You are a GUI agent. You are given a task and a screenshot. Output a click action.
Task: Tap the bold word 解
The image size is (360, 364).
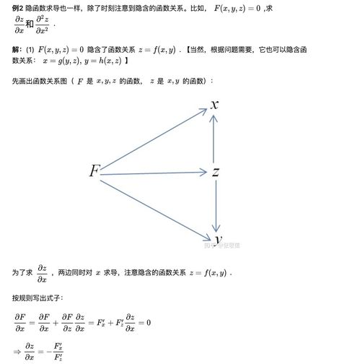(x=16, y=50)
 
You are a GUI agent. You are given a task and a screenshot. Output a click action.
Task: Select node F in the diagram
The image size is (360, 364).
(x=94, y=172)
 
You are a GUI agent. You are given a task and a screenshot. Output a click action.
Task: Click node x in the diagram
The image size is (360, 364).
(x=214, y=105)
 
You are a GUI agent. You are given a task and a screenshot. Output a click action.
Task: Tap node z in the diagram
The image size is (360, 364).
(x=215, y=172)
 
